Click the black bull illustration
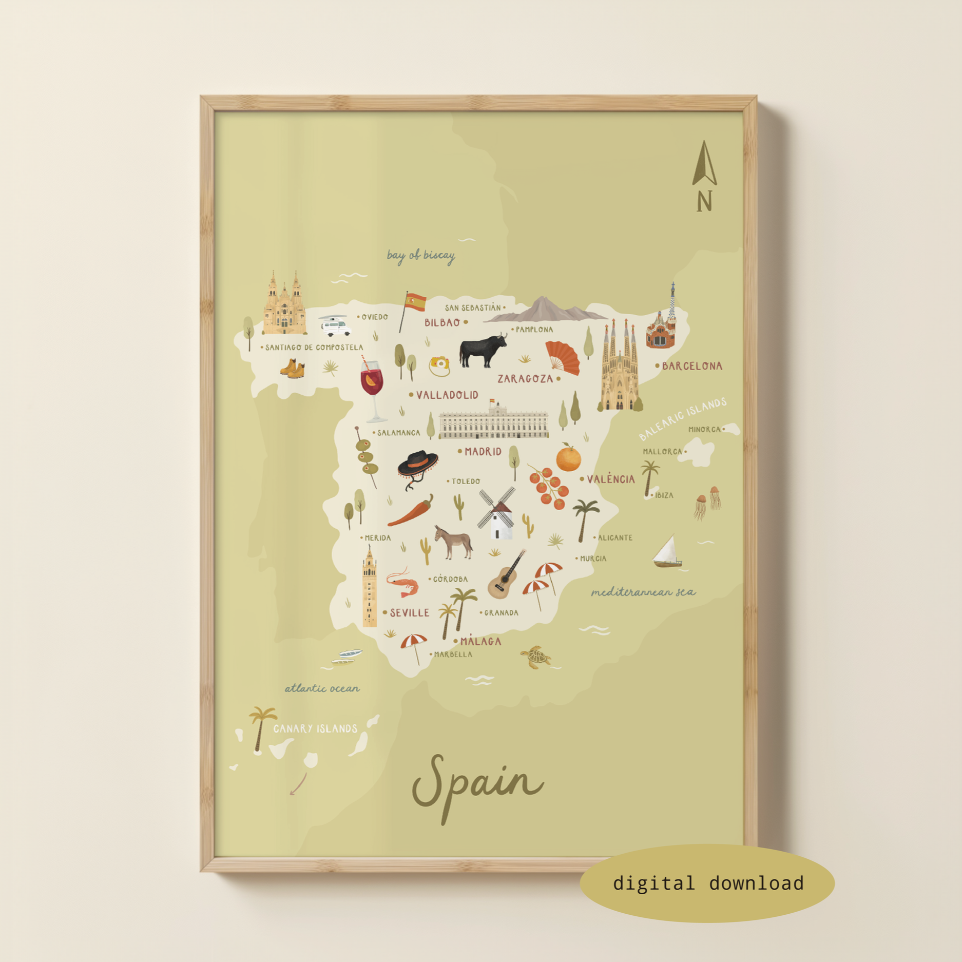(481, 351)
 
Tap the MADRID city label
(483, 452)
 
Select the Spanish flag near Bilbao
(415, 302)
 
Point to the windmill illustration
(496, 513)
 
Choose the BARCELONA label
(691, 366)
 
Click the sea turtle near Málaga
(535, 657)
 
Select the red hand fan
(563, 357)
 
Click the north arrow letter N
(704, 201)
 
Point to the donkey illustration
(453, 542)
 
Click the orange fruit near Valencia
(568, 458)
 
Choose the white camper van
(336, 326)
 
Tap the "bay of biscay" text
(420, 255)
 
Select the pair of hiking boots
(293, 369)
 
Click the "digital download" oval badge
(707, 883)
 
